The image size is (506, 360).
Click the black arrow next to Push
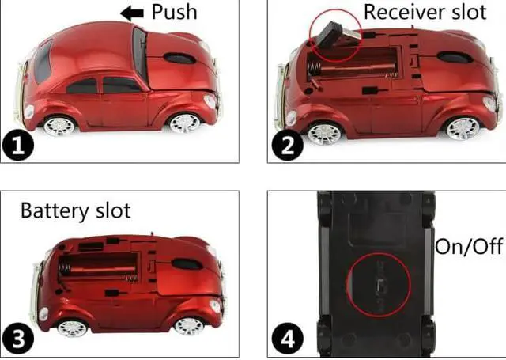click(132, 12)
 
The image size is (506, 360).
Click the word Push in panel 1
click(174, 12)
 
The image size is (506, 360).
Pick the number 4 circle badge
click(287, 339)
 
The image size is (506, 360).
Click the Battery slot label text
click(75, 211)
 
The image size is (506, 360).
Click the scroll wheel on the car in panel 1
click(179, 58)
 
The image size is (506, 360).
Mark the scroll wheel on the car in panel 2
click(451, 57)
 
